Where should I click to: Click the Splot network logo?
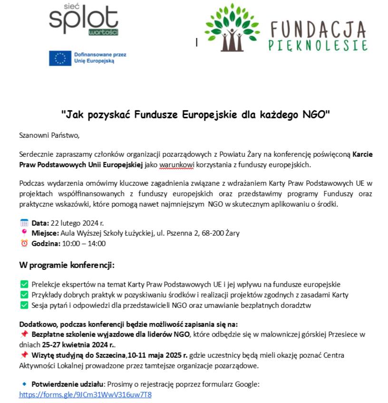pyautogui.click(x=83, y=19)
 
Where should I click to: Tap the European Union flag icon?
pyautogui.click(x=60, y=58)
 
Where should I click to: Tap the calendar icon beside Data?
pyautogui.click(x=24, y=222)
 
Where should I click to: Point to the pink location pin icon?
pyautogui.click(x=24, y=232)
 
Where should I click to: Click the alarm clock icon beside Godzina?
pyautogui.click(x=24, y=243)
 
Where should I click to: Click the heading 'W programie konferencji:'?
pyautogui.click(x=67, y=264)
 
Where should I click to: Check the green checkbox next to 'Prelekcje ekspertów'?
pyautogui.click(x=24, y=284)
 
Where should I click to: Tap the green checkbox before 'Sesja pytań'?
pyautogui.click(x=24, y=305)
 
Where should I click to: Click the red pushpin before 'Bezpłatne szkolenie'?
pyautogui.click(x=24, y=335)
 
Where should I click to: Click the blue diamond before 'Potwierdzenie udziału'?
pyautogui.click(x=24, y=384)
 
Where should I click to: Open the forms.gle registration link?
pyautogui.click(x=85, y=394)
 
